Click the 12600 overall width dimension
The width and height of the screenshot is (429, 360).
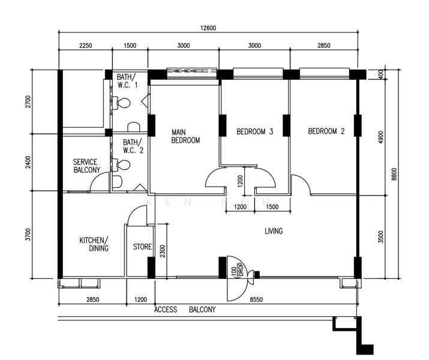click(x=208, y=28)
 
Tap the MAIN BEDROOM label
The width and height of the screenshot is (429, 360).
click(x=185, y=136)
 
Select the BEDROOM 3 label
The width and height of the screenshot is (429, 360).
click(x=255, y=131)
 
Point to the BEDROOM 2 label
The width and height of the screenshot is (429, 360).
click(x=326, y=131)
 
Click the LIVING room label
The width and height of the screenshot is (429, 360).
click(x=274, y=231)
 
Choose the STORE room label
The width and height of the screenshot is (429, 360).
click(x=142, y=247)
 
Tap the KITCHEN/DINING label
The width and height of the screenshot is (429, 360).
click(x=94, y=244)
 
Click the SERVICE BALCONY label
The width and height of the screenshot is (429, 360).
click(x=86, y=166)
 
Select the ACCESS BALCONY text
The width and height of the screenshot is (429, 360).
click(x=185, y=310)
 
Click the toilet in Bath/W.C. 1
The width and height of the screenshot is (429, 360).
click(x=122, y=103)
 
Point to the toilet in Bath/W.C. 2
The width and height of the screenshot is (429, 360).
click(x=122, y=165)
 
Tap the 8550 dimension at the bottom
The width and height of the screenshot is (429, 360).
click(x=256, y=299)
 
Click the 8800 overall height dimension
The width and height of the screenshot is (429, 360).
click(x=394, y=174)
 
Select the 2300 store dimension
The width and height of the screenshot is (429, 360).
click(x=163, y=251)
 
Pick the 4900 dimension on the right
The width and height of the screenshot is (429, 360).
click(x=380, y=137)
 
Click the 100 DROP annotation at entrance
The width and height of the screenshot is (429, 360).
click(x=237, y=270)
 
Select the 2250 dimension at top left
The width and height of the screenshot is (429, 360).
click(x=86, y=46)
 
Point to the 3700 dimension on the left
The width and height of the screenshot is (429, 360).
click(x=28, y=235)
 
